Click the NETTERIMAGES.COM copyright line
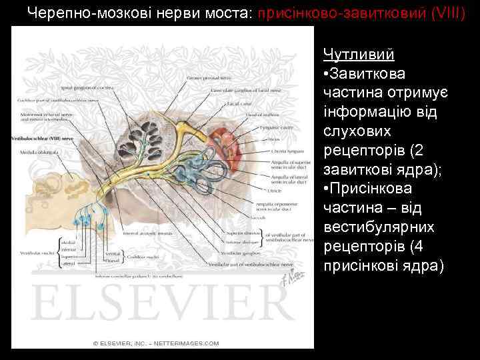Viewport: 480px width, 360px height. [156, 343]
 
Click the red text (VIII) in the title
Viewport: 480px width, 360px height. [445, 13]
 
